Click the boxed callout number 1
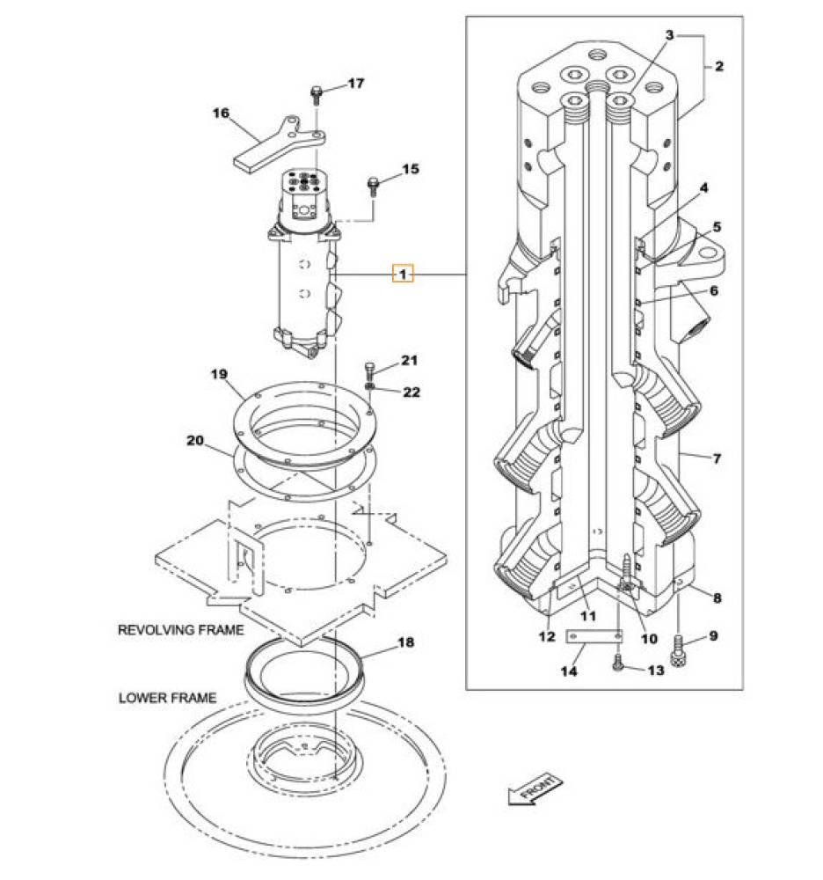[x=403, y=275]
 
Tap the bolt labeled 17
[x=317, y=95]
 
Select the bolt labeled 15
[x=373, y=187]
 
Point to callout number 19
[x=219, y=374]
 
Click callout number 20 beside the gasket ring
[x=195, y=441]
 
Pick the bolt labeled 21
[x=369, y=371]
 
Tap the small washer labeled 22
[x=369, y=386]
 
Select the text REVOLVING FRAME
[x=180, y=630]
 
